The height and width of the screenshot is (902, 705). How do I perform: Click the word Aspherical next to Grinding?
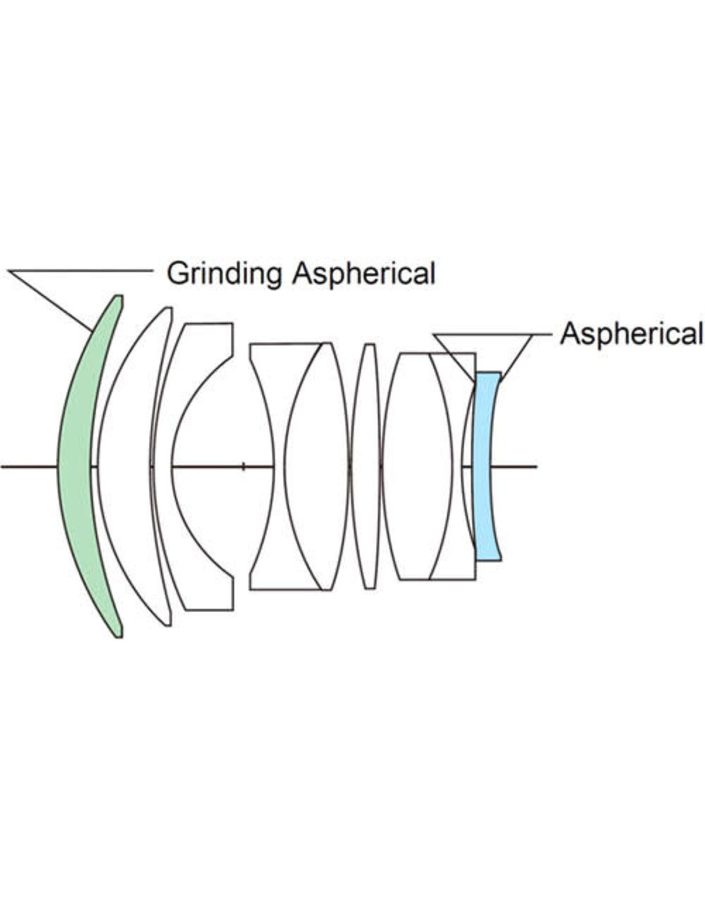[364, 274]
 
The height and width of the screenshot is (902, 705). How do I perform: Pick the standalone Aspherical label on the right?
[631, 334]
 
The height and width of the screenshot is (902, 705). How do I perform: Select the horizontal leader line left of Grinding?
[80, 270]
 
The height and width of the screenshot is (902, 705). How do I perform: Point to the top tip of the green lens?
[119, 296]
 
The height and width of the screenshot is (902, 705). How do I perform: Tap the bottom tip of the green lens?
[119, 636]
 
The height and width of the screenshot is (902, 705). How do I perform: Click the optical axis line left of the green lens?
[29, 466]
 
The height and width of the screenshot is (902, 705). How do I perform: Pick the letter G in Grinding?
[177, 274]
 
